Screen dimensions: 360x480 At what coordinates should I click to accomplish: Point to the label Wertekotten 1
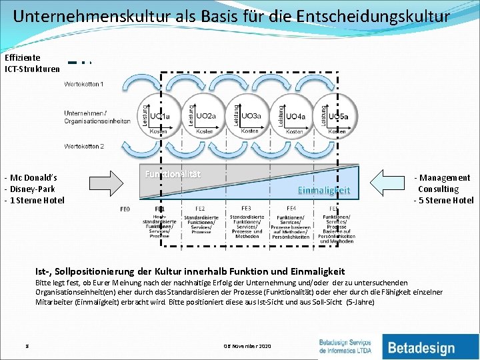pos(84,84)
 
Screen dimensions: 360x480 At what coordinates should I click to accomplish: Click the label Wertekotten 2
pos(84,146)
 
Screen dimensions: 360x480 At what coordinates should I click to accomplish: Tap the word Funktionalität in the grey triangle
pos(173,174)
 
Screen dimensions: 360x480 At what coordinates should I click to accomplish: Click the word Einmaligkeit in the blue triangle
pos(324,190)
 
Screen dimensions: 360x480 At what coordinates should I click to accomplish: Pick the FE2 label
pos(200,209)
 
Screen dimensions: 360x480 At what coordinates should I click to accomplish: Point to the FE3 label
pos(245,209)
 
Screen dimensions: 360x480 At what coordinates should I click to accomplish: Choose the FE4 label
pos(291,209)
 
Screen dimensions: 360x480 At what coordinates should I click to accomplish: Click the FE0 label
pos(125,209)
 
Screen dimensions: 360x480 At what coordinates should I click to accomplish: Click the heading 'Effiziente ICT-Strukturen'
pos(31,63)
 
